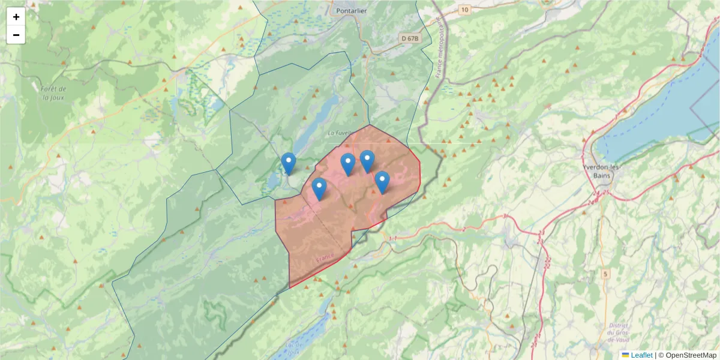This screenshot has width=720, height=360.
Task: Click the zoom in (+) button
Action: [x=16, y=17]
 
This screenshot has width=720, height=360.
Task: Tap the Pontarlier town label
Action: [x=352, y=10]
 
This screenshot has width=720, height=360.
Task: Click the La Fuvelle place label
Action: [x=340, y=133]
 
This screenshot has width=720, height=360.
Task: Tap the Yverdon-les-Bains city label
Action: [x=600, y=171]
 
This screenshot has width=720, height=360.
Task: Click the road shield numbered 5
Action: [x=605, y=274]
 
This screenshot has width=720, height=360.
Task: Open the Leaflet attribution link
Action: [x=641, y=355]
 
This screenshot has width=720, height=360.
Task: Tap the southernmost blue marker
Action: [x=319, y=188]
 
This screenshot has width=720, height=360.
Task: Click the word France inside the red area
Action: [x=324, y=259]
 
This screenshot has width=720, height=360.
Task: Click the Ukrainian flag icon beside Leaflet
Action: [x=625, y=355]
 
